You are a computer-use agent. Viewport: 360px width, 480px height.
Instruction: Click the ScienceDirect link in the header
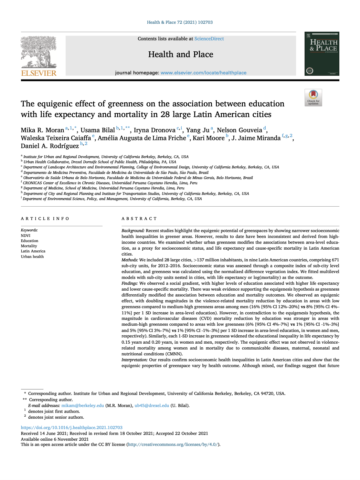(209, 39)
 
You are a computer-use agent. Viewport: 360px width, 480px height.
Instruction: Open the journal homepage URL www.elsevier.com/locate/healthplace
(203, 73)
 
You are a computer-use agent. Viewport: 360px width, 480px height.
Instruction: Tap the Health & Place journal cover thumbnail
(321, 54)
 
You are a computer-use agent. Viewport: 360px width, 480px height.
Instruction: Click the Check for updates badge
(313, 97)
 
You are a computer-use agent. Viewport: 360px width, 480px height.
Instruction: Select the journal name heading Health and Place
(181, 54)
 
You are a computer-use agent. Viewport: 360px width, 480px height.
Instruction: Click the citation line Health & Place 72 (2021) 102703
(180, 22)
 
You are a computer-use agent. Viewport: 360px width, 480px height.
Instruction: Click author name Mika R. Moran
(42, 130)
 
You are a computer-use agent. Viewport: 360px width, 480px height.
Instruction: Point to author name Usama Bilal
(98, 130)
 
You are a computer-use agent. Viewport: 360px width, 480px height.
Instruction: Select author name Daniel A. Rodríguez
(50, 146)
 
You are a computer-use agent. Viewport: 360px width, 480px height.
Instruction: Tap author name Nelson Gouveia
(240, 130)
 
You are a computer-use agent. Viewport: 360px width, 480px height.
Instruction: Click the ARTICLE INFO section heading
(45, 219)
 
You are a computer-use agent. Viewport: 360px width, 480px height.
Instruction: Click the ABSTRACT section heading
(139, 219)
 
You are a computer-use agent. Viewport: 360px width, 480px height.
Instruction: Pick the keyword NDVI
(25, 236)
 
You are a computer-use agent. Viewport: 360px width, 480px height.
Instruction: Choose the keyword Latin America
(33, 251)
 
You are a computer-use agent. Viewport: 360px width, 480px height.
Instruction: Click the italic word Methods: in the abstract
(130, 260)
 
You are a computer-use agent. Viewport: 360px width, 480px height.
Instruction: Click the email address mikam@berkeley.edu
(83, 406)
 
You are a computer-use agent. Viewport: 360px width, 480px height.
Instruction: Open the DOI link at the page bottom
(72, 428)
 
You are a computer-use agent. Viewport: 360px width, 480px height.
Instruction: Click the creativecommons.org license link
(173, 445)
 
